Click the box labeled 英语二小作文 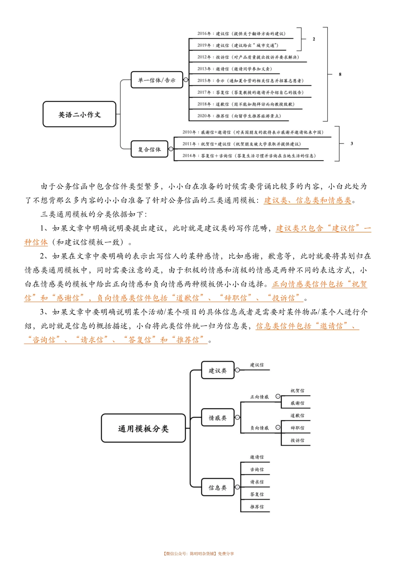pos(79,114)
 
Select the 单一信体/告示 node pos(157,80)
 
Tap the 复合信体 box pos(149,149)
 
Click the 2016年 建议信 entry pos(241,34)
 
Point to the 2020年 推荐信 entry pos(239,116)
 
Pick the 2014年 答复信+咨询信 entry pos(249,156)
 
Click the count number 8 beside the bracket pos(340,74)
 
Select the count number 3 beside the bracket pos(352,143)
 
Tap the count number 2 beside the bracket pos(314,39)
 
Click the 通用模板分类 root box pos(143,428)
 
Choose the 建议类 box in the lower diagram pos(218,370)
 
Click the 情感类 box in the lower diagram pos(218,418)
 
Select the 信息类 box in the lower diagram pos(218,487)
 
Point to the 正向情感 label pos(259,397)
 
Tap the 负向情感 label pos(259,428)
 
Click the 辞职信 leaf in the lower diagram pos(297,428)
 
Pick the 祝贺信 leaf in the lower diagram pos(297,391)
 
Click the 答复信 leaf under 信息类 pos(257,494)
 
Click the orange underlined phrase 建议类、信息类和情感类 pos(308,201)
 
